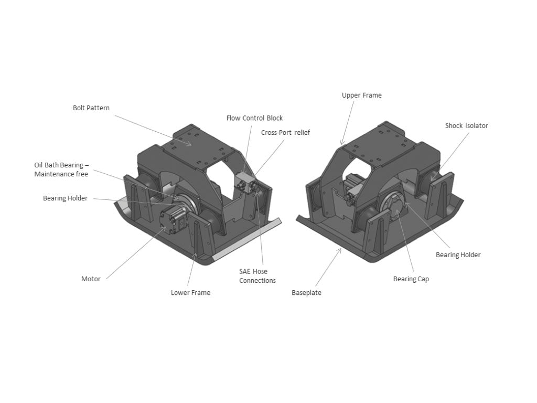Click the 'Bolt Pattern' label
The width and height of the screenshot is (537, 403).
[x=91, y=108]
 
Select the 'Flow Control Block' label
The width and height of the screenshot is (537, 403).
[x=254, y=118]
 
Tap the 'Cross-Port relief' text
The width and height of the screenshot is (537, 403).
[x=285, y=133]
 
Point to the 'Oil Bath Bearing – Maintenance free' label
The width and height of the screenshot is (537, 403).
[x=61, y=169]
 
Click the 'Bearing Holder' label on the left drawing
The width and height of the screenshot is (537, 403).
[x=65, y=198]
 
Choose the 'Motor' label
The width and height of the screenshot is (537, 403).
[x=91, y=279]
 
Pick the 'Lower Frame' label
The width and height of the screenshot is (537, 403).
[x=190, y=293]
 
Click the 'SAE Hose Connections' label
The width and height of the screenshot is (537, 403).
[x=257, y=276]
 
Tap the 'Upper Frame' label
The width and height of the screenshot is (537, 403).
[x=361, y=96]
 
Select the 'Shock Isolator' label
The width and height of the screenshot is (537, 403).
[x=466, y=126]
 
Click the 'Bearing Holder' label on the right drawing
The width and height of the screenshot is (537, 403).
[x=458, y=255]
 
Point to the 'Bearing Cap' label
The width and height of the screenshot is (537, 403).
[x=411, y=279]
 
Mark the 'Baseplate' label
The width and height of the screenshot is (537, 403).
[x=306, y=293]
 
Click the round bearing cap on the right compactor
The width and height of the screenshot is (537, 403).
[x=395, y=207]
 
